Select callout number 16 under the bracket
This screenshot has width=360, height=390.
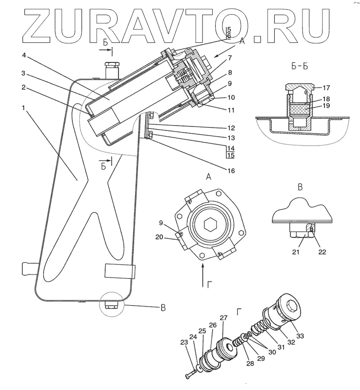tap(230, 171)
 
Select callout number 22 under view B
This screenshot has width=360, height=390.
tap(322, 252)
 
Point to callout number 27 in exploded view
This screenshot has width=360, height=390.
tap(223, 318)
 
